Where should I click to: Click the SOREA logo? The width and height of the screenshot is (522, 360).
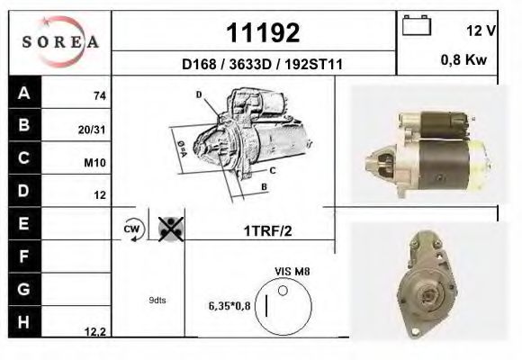click(60, 41)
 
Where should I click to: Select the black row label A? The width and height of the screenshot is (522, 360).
click(24, 93)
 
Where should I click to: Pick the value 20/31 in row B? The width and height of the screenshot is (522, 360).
click(94, 129)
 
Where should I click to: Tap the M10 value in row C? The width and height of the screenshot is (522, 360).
click(95, 162)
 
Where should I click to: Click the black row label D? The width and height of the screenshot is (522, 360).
click(24, 191)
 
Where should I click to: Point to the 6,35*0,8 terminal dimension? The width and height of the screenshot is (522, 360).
click(229, 304)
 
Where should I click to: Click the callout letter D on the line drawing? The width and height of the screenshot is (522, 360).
click(198, 94)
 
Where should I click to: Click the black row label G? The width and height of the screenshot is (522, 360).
click(24, 289)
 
